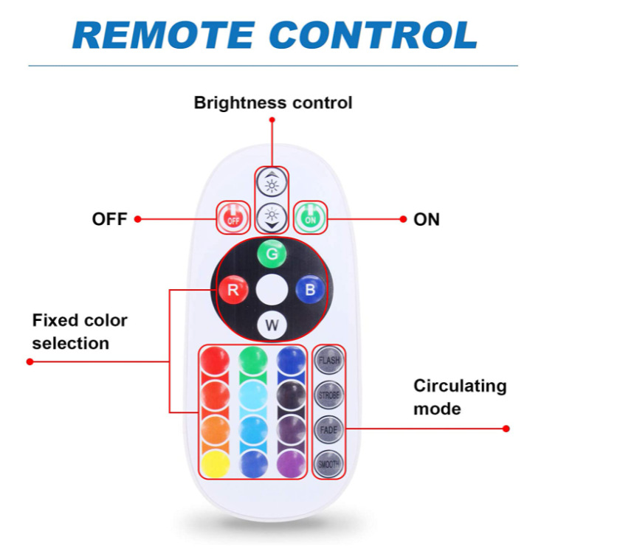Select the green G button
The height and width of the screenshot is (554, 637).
click(272, 255)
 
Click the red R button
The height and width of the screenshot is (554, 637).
click(233, 290)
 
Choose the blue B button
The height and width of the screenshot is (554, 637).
click(310, 290)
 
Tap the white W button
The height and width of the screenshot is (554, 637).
click(272, 325)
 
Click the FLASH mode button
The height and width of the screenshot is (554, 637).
click(328, 360)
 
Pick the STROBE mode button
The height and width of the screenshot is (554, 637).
click(328, 395)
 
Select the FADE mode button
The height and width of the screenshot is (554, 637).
click(328, 429)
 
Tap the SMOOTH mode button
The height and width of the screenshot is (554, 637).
click(328, 464)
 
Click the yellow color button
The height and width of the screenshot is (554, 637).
click(215, 465)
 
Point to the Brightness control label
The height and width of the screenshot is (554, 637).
click(273, 103)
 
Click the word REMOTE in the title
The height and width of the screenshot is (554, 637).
click(164, 35)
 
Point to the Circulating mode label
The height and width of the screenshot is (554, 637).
click(460, 397)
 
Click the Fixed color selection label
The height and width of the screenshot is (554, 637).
click(80, 332)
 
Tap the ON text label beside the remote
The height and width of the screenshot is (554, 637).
click(427, 220)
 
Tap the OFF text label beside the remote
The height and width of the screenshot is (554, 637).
click(109, 220)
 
